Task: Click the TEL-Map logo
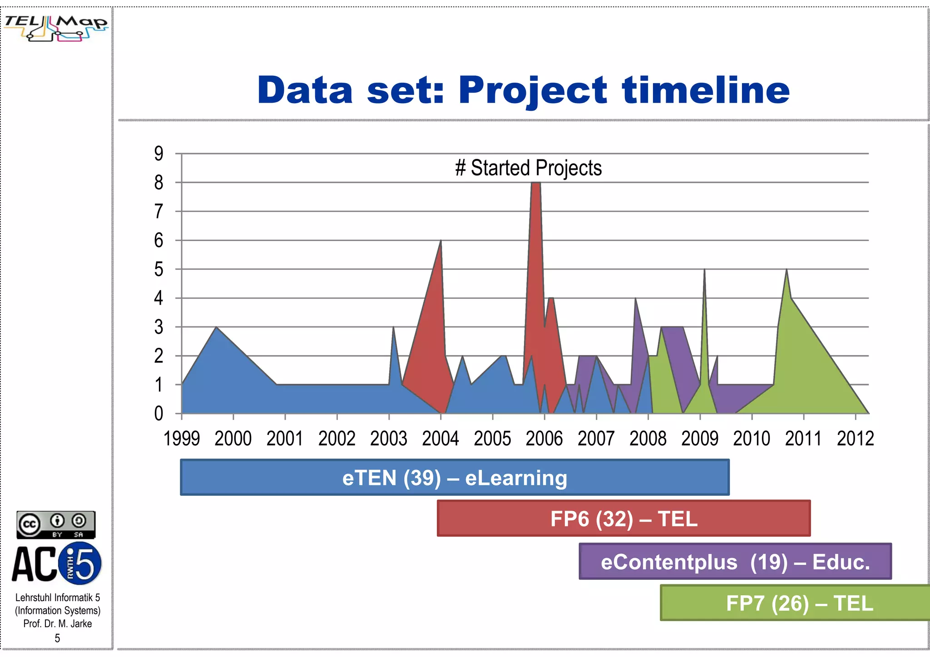point(56,28)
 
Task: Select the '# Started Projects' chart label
point(528,168)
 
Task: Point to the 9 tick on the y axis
point(158,153)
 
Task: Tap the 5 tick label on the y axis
point(158,269)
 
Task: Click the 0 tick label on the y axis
point(158,414)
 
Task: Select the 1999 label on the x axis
point(182,439)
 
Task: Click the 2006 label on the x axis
point(544,439)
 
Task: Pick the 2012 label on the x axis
point(855,439)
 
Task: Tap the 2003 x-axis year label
point(389,439)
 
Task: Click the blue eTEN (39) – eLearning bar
point(455,477)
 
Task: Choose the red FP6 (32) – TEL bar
point(623,519)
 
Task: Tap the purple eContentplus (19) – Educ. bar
point(735,562)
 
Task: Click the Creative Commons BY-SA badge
point(56,525)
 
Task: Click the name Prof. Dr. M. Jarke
point(58,623)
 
